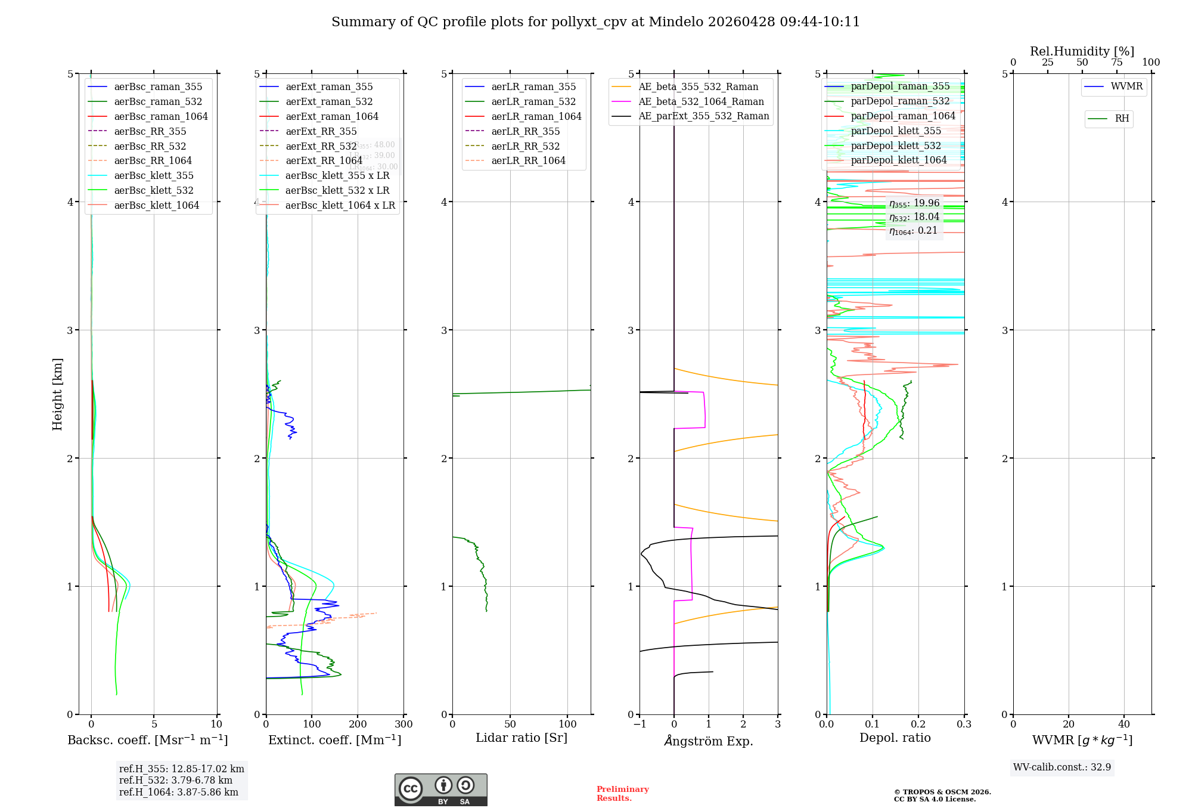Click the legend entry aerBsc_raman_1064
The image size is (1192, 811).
[161, 116]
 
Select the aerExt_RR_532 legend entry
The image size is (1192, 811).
[321, 146]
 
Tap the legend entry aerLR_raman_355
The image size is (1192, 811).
[533, 86]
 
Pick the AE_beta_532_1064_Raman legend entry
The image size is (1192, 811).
[701, 101]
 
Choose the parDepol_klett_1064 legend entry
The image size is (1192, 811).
[899, 160]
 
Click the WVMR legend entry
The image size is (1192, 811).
[1126, 86]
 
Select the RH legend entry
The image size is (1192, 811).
[1122, 119]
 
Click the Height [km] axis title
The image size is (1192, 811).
[57, 394]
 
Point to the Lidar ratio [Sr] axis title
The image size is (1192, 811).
[521, 738]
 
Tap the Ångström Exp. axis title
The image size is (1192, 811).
[709, 741]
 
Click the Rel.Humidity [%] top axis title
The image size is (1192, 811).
[1082, 51]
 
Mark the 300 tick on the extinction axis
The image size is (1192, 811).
[403, 725]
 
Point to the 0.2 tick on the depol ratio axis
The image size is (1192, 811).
[918, 725]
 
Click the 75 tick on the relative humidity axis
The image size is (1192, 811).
[1116, 63]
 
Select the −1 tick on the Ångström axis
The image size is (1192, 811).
[640, 725]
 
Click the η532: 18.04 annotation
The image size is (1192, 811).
[914, 217]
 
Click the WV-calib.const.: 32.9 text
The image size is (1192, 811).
[1062, 767]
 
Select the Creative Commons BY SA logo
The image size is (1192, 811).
[440, 790]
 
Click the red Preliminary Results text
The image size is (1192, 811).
[622, 794]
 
